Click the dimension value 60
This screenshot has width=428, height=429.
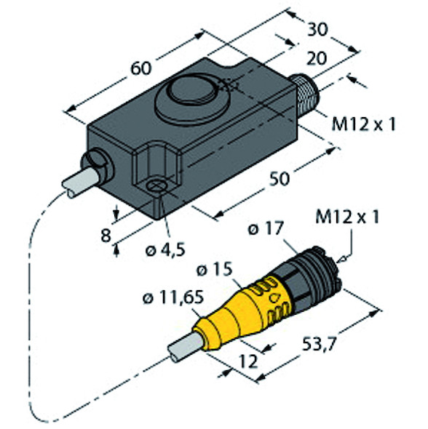click(x=141, y=68)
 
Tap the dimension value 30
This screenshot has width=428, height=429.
click(x=317, y=30)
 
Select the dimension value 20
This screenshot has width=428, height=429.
click(x=317, y=58)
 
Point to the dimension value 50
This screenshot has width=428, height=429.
click(x=280, y=179)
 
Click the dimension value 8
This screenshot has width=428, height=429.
click(x=106, y=236)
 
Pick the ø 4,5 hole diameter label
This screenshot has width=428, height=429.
click(x=165, y=250)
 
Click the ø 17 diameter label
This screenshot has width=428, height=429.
click(x=265, y=229)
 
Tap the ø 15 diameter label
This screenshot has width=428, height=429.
click(x=215, y=270)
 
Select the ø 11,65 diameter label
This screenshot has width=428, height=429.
click(x=173, y=297)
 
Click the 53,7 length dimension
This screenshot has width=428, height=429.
click(x=319, y=345)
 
